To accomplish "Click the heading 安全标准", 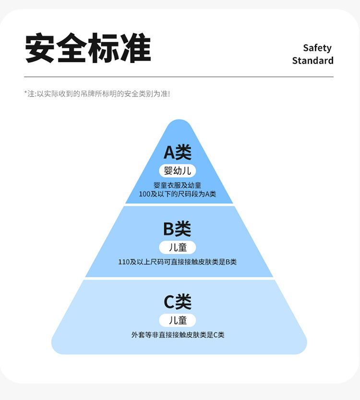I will (x=88, y=48).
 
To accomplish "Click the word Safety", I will (x=317, y=48).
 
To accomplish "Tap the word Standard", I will (x=312, y=61).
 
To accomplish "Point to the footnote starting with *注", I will (x=97, y=94).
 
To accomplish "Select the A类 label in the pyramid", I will (x=178, y=152).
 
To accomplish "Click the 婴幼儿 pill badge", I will (x=178, y=171).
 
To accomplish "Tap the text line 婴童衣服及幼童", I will (x=178, y=185).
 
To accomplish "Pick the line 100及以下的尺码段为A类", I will (x=178, y=194).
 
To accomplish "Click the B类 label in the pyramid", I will (x=177, y=229).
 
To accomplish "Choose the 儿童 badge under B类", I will (x=178, y=247).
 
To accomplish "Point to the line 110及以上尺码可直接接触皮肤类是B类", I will (x=178, y=262).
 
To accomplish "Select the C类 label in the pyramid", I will (x=178, y=302).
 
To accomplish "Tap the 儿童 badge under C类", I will (x=178, y=320).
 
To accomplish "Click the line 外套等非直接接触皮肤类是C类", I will (x=178, y=335).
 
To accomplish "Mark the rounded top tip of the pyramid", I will (x=179, y=124).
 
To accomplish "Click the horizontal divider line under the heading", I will (x=179, y=77).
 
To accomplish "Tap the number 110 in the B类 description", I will (x=124, y=262).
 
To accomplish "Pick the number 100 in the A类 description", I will (x=144, y=194).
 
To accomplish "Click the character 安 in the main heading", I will (x=40, y=48).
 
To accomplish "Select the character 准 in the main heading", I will (x=136, y=48).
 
